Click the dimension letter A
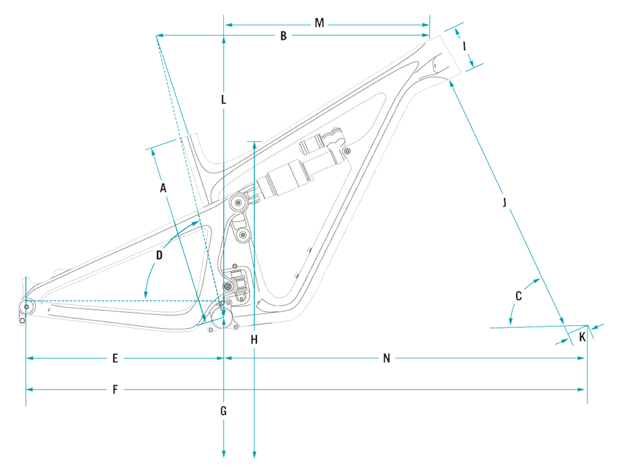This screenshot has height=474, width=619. pyautogui.click(x=162, y=189)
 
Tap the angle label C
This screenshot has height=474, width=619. pyautogui.click(x=518, y=296)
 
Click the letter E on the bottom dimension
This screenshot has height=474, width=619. pyautogui.click(x=115, y=359)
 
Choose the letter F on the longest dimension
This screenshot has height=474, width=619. pyautogui.click(x=115, y=390)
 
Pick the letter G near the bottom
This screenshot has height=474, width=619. pyautogui.click(x=223, y=410)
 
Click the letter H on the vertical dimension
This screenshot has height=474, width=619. pyautogui.click(x=254, y=340)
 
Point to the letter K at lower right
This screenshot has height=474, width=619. pyautogui.click(x=582, y=336)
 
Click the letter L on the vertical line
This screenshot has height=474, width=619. pyautogui.click(x=223, y=100)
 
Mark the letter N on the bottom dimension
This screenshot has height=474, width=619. pyautogui.click(x=387, y=359)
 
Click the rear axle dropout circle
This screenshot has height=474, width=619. pyautogui.click(x=27, y=307)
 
